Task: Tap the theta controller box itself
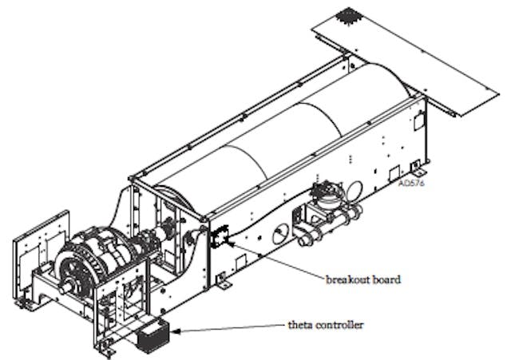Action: coord(153,336)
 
